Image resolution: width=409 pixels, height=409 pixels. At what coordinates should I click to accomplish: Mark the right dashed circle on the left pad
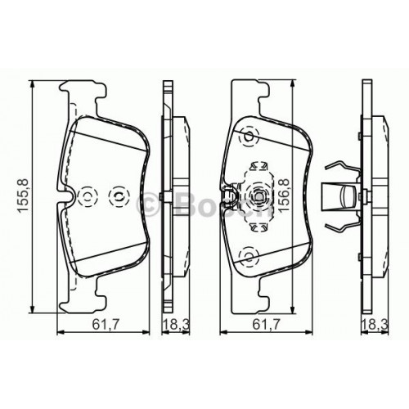[118, 196]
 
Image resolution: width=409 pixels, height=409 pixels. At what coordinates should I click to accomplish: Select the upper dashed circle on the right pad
[245, 139]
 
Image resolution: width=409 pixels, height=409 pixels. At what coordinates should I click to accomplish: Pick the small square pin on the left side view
[164, 196]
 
